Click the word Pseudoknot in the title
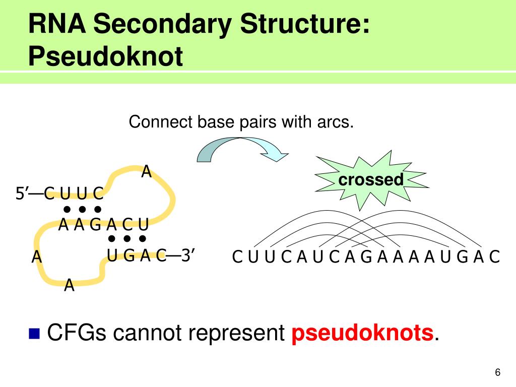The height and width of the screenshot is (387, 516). pos(105,57)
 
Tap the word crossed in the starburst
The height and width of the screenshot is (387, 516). pos(371,179)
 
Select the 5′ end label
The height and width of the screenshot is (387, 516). pos(22,193)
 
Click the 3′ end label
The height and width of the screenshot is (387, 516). pos(188,256)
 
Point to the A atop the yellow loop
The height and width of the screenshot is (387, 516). pos(146,172)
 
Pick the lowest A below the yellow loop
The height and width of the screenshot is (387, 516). pos(70,286)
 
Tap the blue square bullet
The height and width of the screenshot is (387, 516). pos(34,333)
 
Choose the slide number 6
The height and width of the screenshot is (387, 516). pos(498,372)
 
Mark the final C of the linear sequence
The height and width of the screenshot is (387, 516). pos(494,257)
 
